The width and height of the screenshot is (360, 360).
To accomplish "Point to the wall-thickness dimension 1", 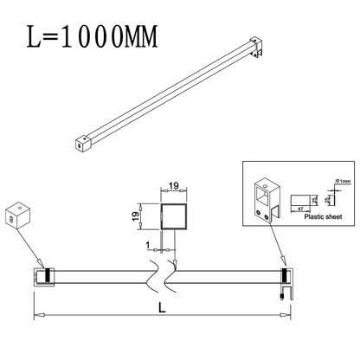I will (149, 245).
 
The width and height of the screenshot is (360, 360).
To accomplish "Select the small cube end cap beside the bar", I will (18, 216).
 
